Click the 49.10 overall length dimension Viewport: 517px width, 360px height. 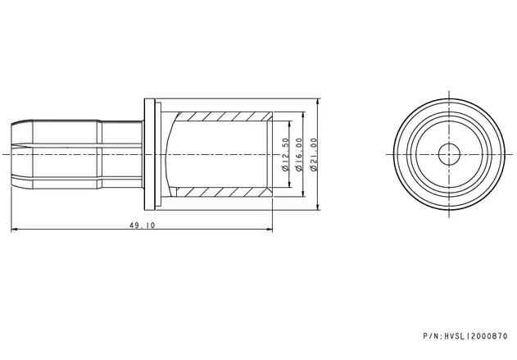click(142, 226)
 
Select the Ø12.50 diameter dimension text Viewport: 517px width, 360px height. click(285, 154)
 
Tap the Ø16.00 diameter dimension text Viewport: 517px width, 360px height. click(299, 154)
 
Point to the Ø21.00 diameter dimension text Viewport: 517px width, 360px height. click(314, 154)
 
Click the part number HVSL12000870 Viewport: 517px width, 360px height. click(476, 336)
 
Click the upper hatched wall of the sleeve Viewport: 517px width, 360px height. click(223, 116)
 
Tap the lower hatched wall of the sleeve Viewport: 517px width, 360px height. click(223, 192)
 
